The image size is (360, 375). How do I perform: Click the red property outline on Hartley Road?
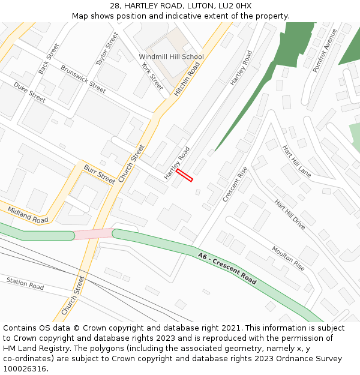[185, 175]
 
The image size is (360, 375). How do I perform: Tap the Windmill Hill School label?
[171, 57]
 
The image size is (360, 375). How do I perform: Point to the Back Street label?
[49, 59]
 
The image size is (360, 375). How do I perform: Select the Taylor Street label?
[107, 49]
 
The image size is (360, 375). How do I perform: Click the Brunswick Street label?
[83, 79]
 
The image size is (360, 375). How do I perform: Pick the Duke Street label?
[29, 92]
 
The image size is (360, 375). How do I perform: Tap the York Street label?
[152, 75]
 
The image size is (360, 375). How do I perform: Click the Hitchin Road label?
[186, 79]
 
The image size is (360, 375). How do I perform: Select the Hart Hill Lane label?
[296, 162]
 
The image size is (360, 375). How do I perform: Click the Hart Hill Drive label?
[290, 215]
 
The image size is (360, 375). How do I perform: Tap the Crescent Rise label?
[235, 184]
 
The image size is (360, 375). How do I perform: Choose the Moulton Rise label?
[288, 257]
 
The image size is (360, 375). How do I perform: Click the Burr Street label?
[99, 174]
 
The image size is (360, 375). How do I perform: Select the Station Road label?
[25, 283]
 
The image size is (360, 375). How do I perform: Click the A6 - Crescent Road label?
[227, 268]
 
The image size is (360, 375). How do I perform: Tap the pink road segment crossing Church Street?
[93, 234]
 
